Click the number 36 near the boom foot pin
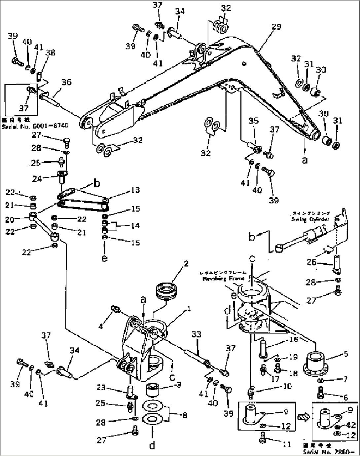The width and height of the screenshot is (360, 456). (x=66, y=82)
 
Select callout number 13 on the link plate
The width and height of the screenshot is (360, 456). (x=135, y=190)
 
